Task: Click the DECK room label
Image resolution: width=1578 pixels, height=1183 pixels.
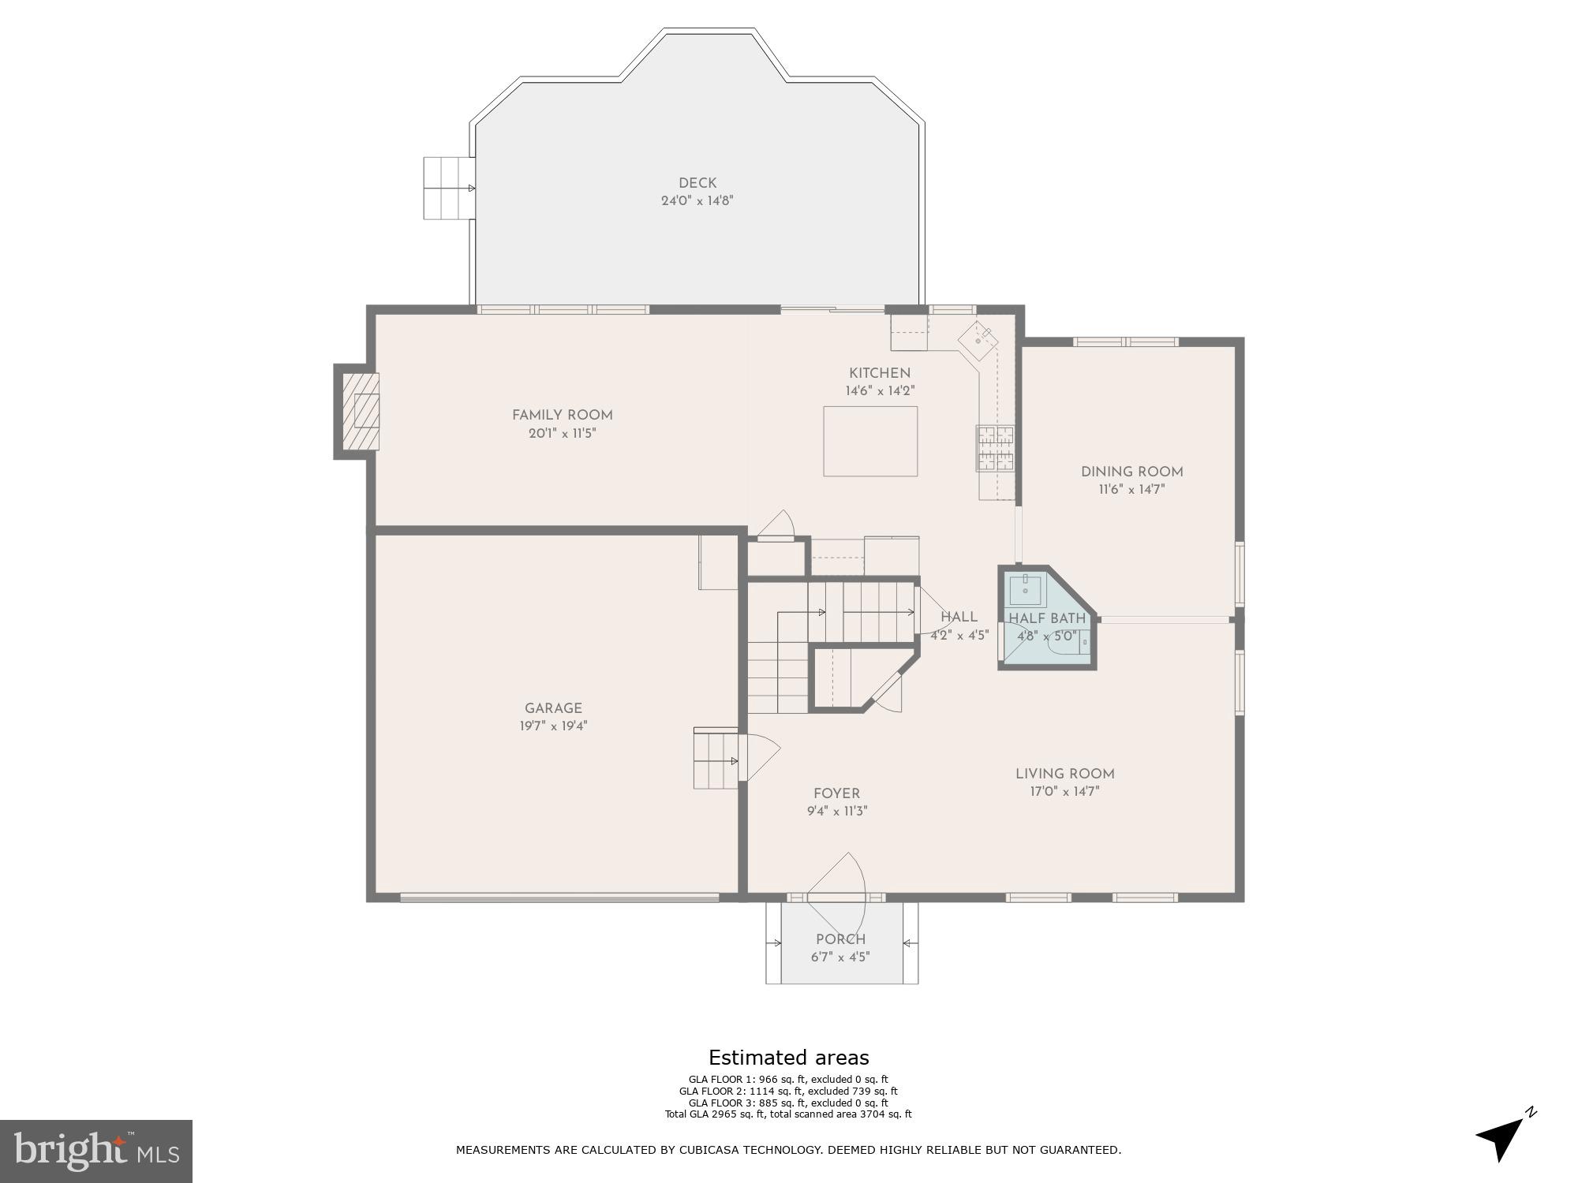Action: pos(697,183)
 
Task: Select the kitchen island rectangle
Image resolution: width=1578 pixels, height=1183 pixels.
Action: pos(870,441)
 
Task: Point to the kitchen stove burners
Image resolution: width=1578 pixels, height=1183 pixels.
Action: pos(996,448)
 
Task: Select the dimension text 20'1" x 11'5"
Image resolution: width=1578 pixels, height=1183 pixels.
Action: pos(562,433)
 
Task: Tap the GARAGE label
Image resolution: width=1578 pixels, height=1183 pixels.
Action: pos(553,708)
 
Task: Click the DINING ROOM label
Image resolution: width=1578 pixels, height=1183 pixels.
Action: pos(1131,472)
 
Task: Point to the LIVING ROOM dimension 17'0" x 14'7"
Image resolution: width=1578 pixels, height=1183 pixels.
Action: pos(1064,791)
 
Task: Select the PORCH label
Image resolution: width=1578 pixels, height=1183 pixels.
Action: pos(840,939)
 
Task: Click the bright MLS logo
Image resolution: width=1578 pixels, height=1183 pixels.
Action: pos(95,1150)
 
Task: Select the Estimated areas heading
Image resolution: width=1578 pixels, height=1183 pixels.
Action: pos(788,1058)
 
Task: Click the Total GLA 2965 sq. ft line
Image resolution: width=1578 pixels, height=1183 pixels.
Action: pos(788,1114)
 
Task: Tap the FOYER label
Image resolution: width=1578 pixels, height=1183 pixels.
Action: pos(836,793)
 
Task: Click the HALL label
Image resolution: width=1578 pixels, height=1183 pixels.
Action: pos(959,618)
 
